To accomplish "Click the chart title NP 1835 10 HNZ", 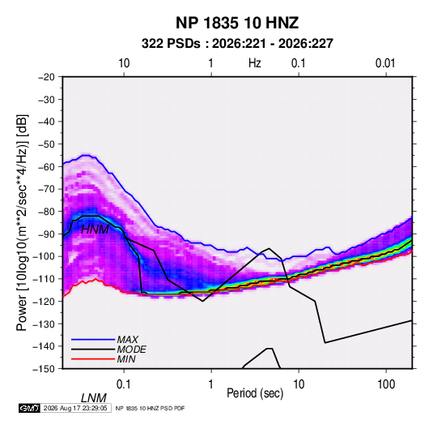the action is [x=237, y=23].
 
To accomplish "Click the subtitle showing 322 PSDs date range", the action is [x=237, y=44].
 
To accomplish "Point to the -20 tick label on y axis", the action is [x=46, y=77].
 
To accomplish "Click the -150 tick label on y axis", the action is [x=44, y=369].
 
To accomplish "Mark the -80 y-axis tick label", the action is [x=46, y=212].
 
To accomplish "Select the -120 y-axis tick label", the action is [x=44, y=302].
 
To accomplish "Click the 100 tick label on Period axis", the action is [x=386, y=384].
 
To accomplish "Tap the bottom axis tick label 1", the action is [x=211, y=384].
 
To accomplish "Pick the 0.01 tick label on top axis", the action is [x=385, y=63].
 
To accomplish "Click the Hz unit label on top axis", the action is [x=255, y=63].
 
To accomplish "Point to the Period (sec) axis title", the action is [x=255, y=393].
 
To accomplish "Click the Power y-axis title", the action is [x=22, y=223].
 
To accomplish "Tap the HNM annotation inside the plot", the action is [x=95, y=230].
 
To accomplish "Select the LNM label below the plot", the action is [x=94, y=398].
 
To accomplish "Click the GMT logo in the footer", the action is [x=29, y=408].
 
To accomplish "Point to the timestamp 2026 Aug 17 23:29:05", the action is [x=75, y=408].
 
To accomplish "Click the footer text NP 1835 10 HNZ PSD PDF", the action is [x=150, y=408].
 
